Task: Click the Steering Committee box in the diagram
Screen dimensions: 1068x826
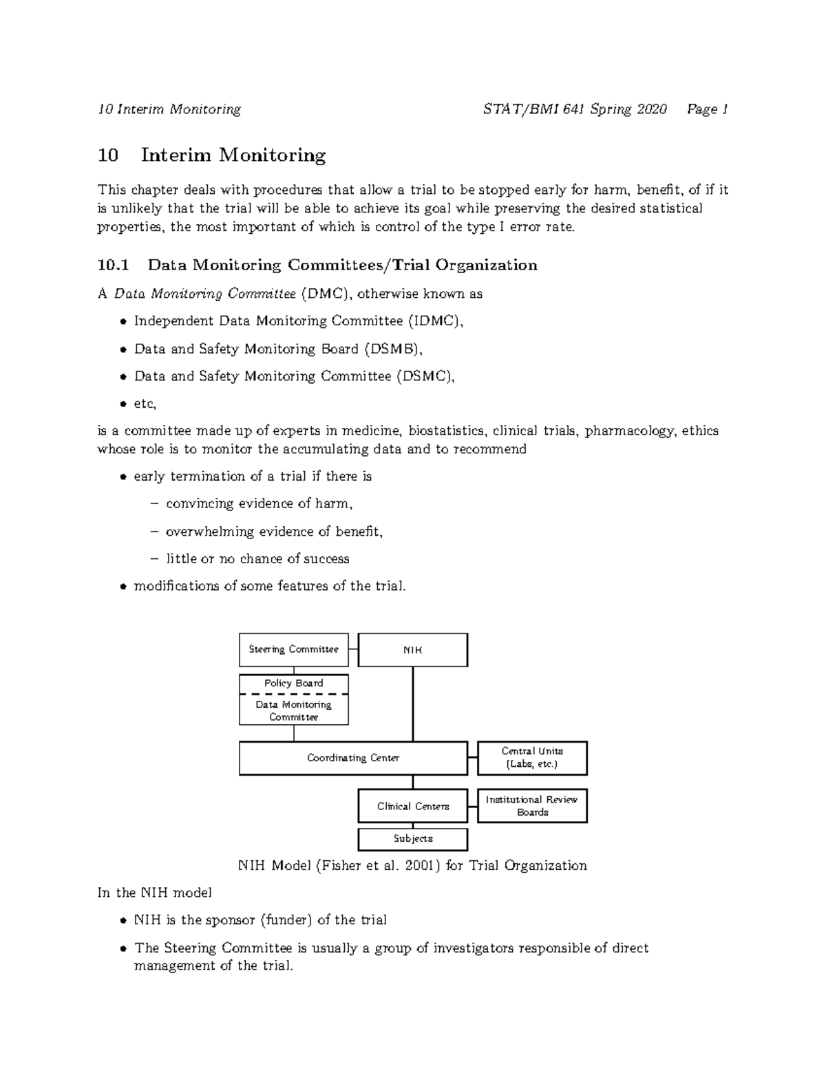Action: click(293, 650)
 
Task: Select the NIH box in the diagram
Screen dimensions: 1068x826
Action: click(412, 650)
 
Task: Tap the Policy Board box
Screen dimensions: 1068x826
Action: click(293, 684)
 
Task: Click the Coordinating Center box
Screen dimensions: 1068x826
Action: click(352, 758)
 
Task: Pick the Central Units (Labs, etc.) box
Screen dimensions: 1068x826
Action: click(532, 758)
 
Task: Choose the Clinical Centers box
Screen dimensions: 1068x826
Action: click(412, 806)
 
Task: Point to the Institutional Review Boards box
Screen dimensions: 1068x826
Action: click(532, 806)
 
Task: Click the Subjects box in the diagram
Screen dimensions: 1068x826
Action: click(412, 839)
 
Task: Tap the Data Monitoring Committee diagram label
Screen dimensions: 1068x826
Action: click(293, 710)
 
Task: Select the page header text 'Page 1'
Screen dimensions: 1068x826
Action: click(707, 109)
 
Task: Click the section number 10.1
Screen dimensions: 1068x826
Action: click(113, 265)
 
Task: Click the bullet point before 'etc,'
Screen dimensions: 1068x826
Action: click(123, 405)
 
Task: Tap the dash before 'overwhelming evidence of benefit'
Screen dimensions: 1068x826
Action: click(153, 532)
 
